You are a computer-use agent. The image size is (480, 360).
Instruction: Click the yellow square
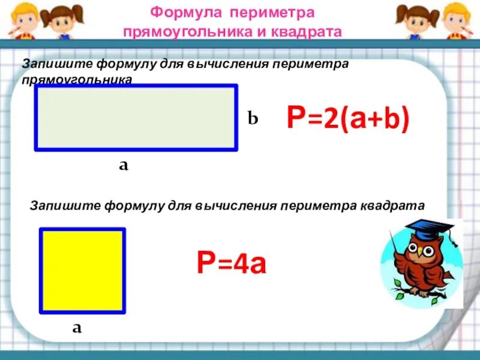[82, 271]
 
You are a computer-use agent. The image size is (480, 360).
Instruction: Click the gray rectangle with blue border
[136, 118]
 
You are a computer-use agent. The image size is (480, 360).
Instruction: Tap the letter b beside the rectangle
[253, 119]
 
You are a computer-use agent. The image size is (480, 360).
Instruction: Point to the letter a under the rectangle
[123, 166]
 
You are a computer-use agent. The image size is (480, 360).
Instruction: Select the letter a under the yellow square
[77, 328]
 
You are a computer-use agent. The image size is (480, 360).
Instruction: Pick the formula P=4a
[232, 262]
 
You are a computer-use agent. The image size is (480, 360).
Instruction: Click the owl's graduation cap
[428, 229]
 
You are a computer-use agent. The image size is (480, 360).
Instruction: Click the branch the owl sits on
[420, 293]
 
